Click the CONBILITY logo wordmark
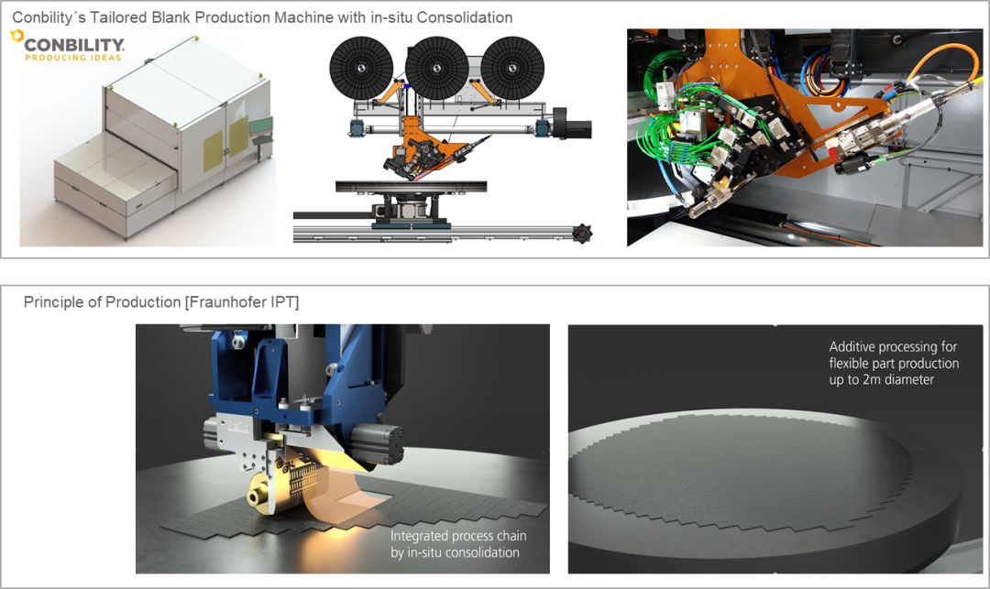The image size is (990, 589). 74,45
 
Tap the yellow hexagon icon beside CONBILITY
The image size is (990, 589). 17,36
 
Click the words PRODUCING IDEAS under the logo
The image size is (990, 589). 73,58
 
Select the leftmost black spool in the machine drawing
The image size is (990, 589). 362,68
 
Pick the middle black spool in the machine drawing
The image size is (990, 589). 437,68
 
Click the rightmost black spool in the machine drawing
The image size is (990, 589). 512,68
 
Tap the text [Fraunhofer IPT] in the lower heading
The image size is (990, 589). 242,302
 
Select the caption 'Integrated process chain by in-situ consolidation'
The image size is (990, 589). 458,544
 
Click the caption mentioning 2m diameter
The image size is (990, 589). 894,364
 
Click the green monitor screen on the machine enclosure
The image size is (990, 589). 260,125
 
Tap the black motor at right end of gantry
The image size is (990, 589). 572,123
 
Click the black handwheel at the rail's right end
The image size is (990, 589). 581,234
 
